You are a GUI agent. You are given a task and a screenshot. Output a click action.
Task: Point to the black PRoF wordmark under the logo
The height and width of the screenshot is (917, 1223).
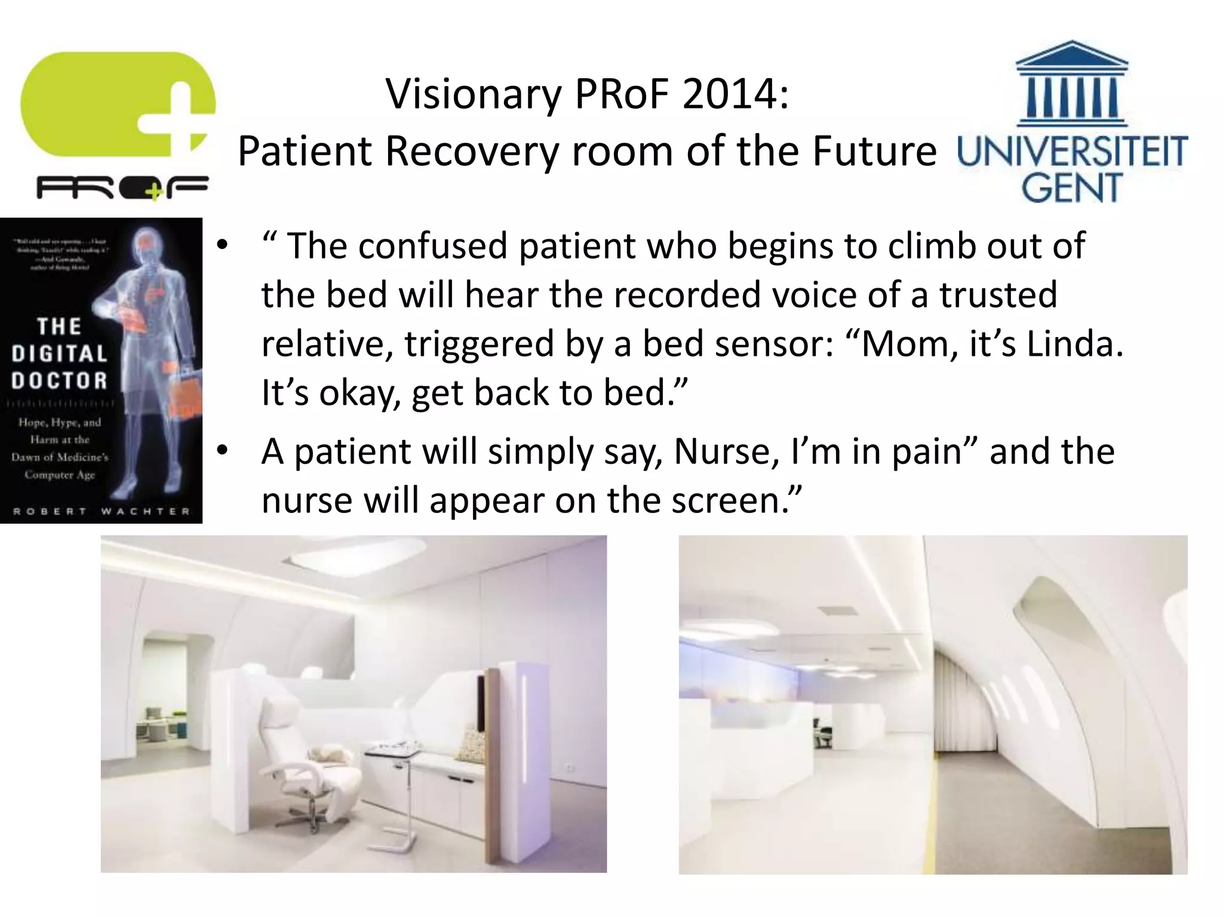click(122, 189)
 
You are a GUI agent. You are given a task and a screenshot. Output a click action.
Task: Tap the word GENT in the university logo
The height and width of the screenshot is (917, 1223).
click(1071, 188)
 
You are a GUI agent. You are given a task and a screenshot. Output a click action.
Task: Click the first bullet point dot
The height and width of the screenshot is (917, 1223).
click(223, 245)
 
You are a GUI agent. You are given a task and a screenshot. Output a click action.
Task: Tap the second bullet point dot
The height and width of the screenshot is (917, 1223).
click(223, 451)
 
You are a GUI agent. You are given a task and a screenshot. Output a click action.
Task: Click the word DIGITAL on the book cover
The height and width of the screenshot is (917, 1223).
click(59, 353)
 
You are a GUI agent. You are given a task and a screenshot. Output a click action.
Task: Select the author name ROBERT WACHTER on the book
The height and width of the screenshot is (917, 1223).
click(102, 511)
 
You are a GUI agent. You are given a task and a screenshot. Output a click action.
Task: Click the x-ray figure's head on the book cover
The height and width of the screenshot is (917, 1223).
click(146, 242)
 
